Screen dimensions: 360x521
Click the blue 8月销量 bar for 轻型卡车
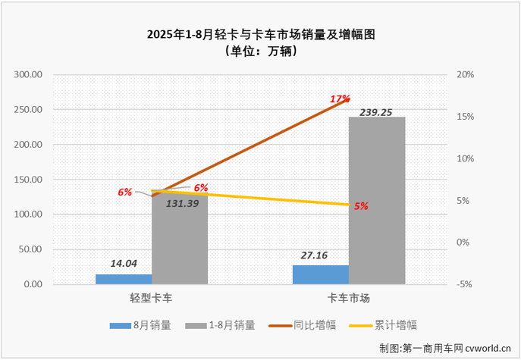124,279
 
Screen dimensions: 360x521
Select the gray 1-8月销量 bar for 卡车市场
377,201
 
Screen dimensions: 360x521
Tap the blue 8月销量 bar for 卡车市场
321,274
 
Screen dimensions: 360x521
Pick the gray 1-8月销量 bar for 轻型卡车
180,243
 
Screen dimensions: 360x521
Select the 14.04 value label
124,265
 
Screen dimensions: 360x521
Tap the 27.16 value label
320,255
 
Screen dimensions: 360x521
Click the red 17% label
339,99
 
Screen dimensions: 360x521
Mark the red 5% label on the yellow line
360,206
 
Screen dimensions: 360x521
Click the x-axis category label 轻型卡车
151,299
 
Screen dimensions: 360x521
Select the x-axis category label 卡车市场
349,299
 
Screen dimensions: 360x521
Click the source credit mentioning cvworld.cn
446,348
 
